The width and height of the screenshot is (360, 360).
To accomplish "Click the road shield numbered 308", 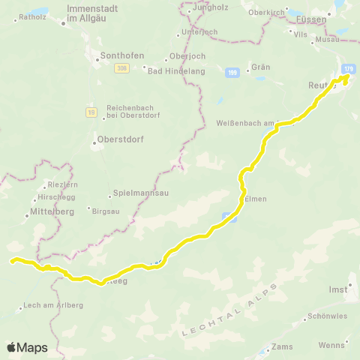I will tap(121, 68).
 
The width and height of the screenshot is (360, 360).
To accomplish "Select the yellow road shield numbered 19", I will tap(91, 112).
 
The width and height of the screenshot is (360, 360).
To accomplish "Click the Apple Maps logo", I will tap(27, 347).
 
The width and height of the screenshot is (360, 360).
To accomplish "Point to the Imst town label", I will tap(338, 289).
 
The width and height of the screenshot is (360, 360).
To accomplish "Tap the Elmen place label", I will tap(256, 199).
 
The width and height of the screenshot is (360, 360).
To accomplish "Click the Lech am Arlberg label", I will tap(53, 305).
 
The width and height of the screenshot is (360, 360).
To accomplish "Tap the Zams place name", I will tap(283, 347).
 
